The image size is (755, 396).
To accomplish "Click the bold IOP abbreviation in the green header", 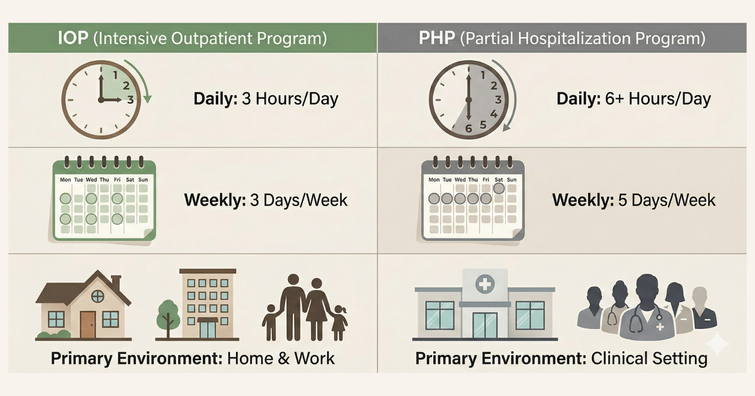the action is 73,38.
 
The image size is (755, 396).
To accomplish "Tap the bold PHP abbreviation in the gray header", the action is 437,38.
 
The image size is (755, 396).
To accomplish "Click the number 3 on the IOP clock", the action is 130,99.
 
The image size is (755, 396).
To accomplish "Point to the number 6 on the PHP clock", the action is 469,128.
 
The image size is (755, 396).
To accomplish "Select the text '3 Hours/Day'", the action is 290,99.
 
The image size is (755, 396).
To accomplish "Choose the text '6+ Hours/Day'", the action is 658,99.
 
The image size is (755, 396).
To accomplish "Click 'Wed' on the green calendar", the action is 91,180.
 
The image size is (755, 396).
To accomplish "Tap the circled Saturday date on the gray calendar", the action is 499,188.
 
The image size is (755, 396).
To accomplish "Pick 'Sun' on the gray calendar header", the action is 512,180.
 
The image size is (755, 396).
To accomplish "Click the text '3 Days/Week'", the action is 299,200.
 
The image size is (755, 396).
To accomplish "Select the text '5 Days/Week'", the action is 667,200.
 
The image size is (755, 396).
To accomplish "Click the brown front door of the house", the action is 88,325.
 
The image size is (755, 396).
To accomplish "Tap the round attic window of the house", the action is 98,297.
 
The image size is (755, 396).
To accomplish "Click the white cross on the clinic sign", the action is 485,284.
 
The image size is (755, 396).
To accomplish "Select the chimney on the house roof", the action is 116,282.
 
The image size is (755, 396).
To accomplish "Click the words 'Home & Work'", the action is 281,358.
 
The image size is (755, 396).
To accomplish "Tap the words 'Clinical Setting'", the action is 649,358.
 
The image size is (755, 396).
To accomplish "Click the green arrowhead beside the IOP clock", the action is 147,99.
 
